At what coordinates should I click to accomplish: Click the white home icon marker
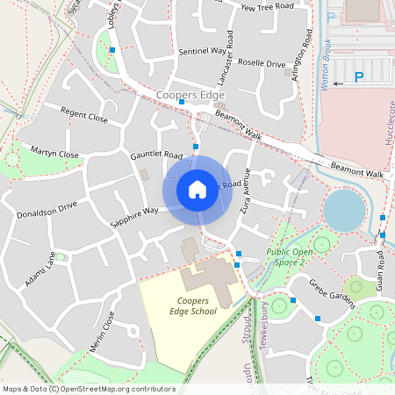click(197, 189)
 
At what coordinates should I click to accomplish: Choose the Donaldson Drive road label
click(47, 211)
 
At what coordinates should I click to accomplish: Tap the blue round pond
click(344, 211)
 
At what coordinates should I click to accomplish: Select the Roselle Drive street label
click(256, 64)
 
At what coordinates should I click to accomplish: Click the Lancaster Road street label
click(230, 52)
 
